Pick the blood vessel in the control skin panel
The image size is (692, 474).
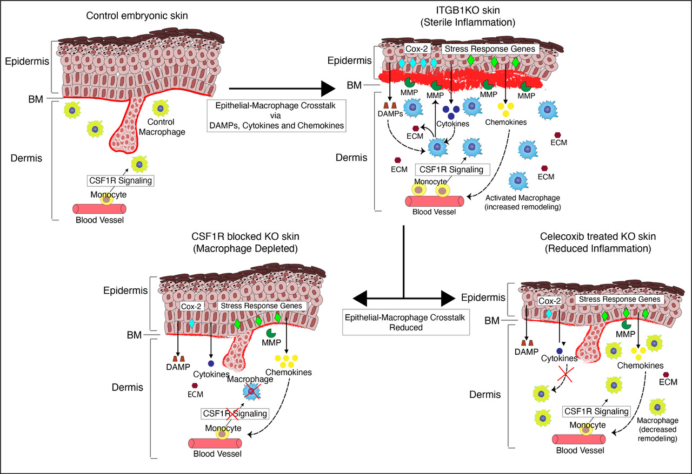pyautogui.click(x=99, y=209)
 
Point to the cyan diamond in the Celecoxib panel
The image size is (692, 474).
pyautogui.click(x=549, y=314)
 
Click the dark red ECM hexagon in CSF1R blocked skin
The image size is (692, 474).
pyautogui.click(x=195, y=385)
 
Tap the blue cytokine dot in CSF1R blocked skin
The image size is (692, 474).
pyautogui.click(x=210, y=363)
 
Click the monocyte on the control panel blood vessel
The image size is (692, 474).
pyautogui.click(x=105, y=199)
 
